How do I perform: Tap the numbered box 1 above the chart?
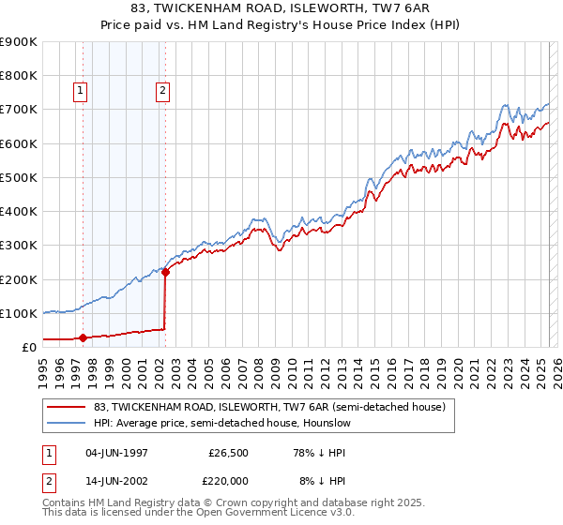(x=81, y=91)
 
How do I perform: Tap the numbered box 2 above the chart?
(x=163, y=91)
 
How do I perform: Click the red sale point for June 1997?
(x=83, y=337)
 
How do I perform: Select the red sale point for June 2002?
(x=165, y=272)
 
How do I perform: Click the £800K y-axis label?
(x=21, y=75)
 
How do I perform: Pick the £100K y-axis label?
(x=21, y=313)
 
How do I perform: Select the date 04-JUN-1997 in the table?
(x=117, y=453)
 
